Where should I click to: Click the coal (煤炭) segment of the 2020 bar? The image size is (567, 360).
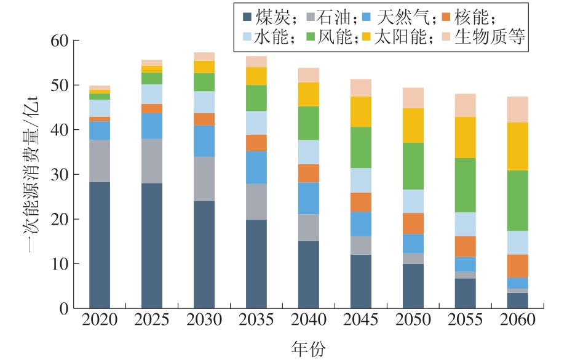(100, 245)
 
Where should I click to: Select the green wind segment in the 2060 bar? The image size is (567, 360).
(517, 201)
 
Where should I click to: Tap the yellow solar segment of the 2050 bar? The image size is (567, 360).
(413, 126)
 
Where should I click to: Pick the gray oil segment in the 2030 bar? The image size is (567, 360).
(204, 179)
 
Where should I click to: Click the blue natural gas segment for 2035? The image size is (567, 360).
(256, 167)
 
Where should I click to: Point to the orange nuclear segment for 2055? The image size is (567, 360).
(465, 246)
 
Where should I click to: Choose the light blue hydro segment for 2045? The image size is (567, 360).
(360, 180)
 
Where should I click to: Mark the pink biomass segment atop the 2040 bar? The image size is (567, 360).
(308, 75)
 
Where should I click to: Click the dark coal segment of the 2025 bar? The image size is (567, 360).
(152, 246)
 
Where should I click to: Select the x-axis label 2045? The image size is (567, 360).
(360, 321)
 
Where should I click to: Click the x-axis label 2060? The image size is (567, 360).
(517, 321)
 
